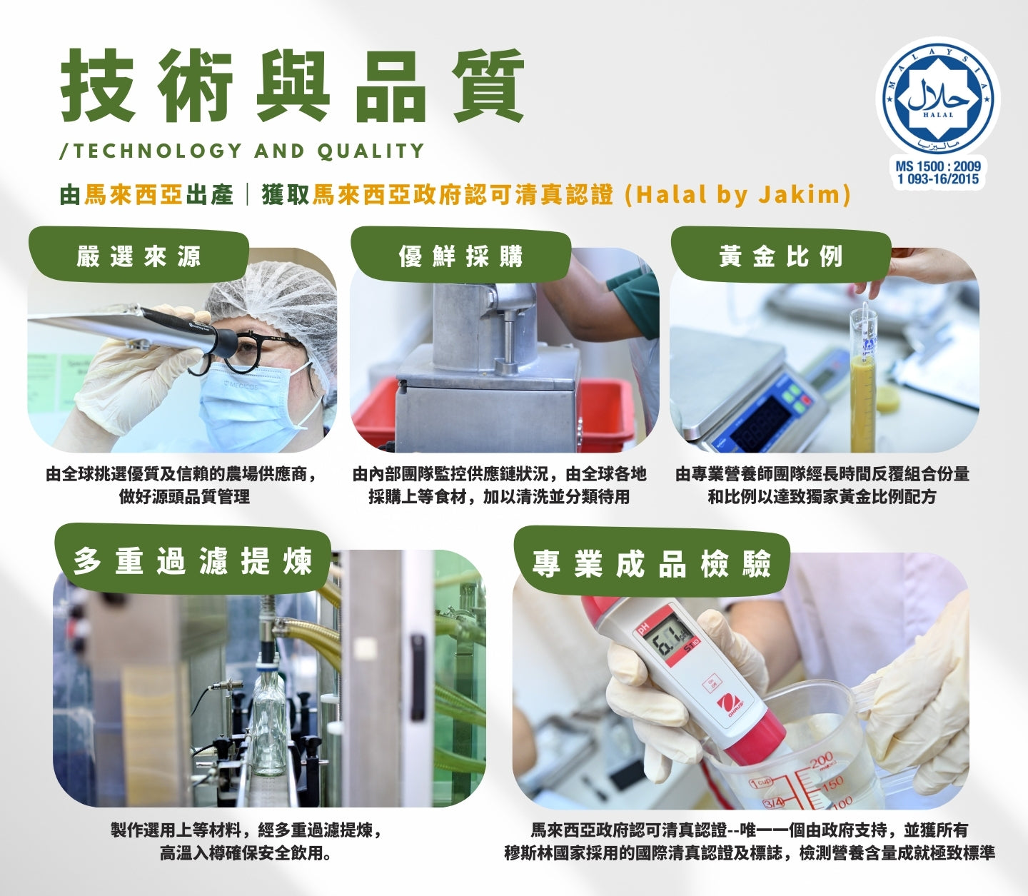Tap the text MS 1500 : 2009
point(937,166)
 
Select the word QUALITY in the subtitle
point(371,151)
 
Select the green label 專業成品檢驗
point(652,562)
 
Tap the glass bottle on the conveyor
point(269,713)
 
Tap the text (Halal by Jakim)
point(737,194)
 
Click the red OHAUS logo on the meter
point(732,704)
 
